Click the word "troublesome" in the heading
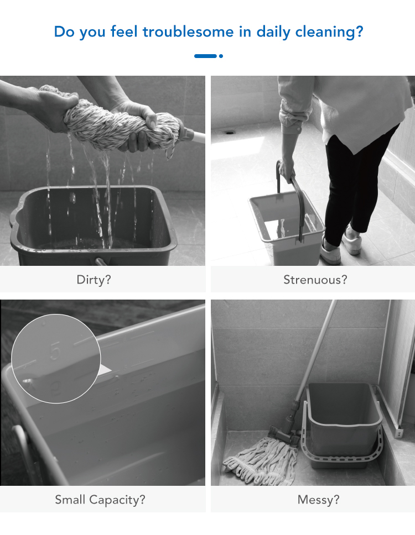point(188,32)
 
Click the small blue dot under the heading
point(221,56)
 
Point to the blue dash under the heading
point(205,56)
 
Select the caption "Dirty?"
point(94,280)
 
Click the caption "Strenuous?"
point(315,280)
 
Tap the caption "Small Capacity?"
point(100,500)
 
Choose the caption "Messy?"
point(319,500)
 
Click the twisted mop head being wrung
point(116,119)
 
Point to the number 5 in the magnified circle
point(55,351)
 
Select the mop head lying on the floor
point(261,460)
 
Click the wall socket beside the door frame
point(398,433)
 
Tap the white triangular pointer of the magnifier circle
point(105,370)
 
